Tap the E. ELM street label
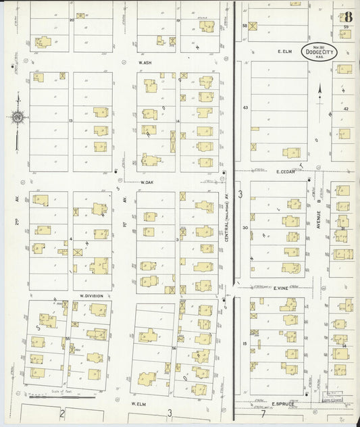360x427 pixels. coord(288,51)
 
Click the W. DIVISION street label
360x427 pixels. coord(91,295)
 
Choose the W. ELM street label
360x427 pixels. coord(139,403)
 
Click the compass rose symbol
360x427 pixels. coord(17,117)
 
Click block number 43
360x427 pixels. coord(245,107)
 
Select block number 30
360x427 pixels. coord(245,228)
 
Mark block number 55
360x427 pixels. coord(68,336)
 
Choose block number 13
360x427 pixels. coord(70,121)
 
